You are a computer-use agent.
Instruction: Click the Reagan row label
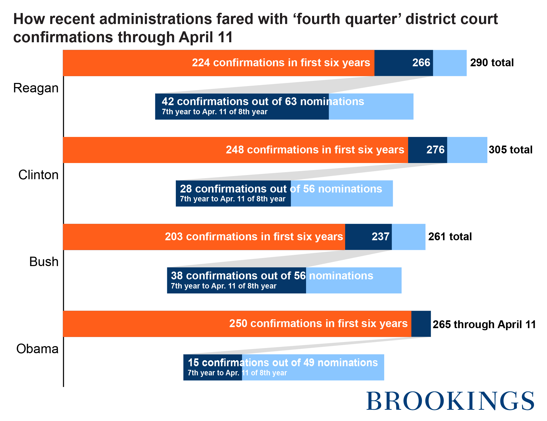pos(36,88)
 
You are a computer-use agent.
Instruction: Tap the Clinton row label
pos(38,175)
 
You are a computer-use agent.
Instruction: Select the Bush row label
pos(44,262)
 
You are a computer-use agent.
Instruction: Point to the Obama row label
pos(37,349)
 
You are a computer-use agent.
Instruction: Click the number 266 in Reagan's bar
pos(421,63)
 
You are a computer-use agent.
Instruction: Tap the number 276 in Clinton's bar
pos(435,150)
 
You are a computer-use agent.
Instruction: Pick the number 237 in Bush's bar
pos(380,237)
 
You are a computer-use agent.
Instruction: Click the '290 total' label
pos(492,63)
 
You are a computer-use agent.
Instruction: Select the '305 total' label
pos(511,150)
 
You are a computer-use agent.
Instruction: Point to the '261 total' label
pos(450,237)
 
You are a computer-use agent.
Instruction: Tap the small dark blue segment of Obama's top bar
pos(421,324)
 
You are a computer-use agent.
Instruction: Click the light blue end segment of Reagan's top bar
pos(450,63)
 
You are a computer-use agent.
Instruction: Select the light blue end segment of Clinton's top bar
pos(467,150)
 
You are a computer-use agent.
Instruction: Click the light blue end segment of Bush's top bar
pos(408,237)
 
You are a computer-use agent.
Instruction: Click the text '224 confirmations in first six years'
pos(281,63)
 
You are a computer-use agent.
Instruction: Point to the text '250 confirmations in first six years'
pos(318,324)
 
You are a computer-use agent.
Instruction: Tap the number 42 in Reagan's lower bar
pos(167,101)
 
